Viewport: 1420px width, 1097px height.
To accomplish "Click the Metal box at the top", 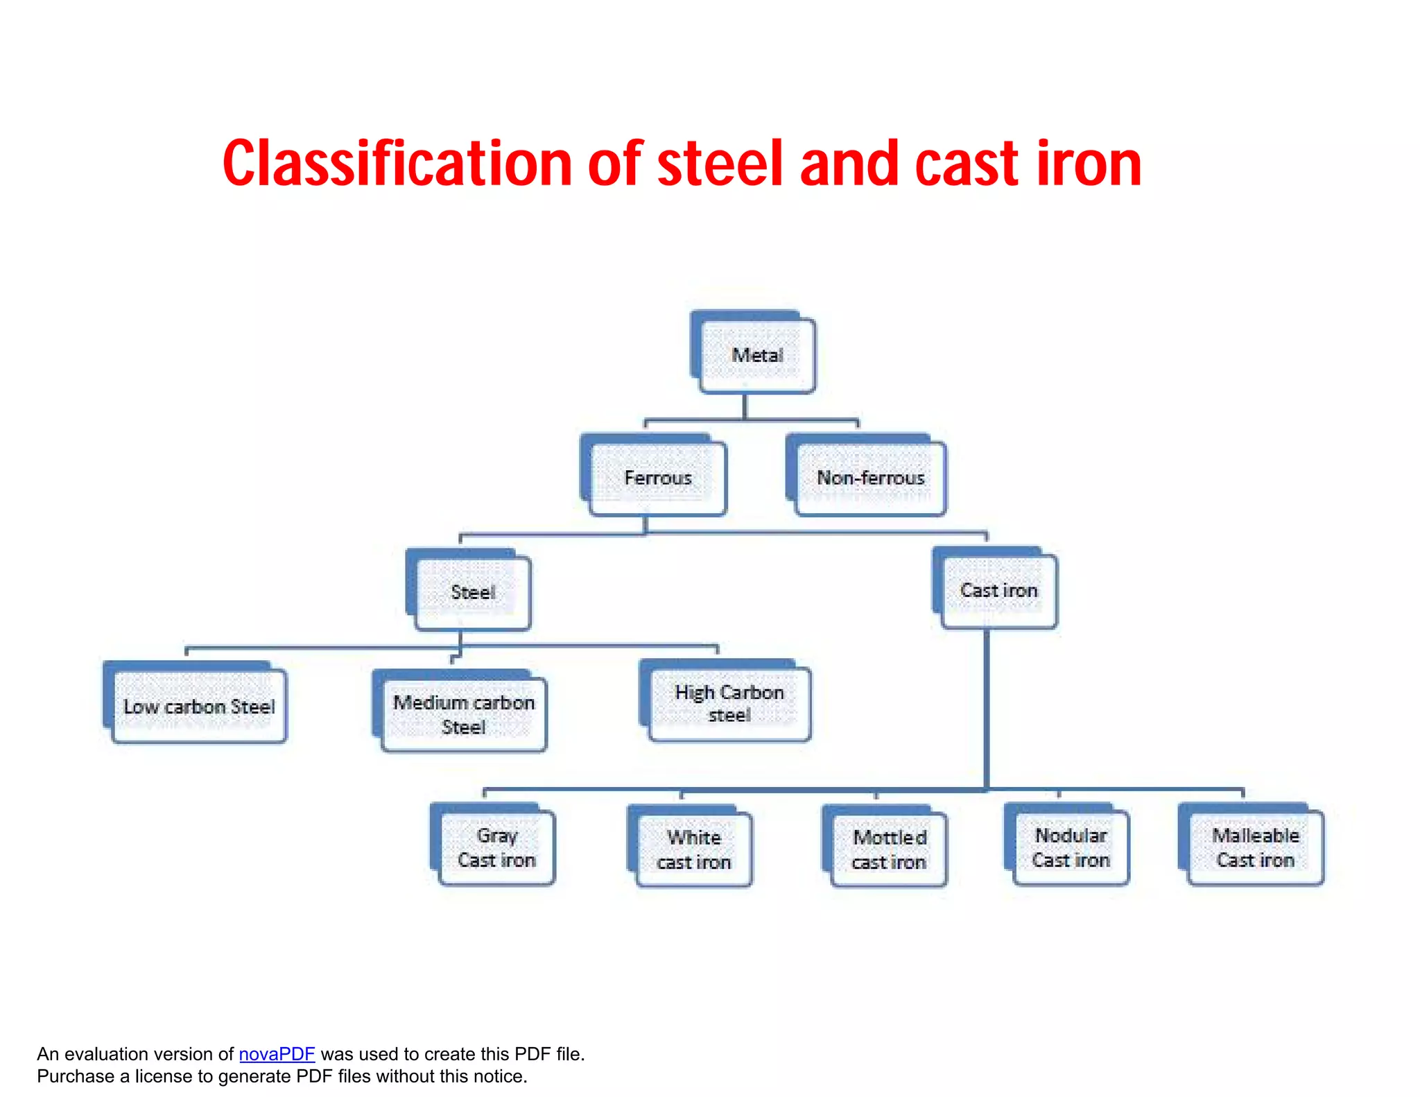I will (757, 356).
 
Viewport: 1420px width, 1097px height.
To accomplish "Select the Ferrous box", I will (657, 478).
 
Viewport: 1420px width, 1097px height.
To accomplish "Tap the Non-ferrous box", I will (870, 478).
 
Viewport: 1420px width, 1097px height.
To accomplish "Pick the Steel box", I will (473, 592).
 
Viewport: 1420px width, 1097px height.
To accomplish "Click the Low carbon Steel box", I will (199, 707).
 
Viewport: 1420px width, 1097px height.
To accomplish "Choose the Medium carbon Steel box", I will (464, 714).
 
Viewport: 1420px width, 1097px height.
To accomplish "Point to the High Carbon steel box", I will (729, 703).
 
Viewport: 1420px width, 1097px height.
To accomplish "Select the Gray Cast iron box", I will (496, 847).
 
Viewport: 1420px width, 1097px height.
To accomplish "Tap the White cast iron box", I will (693, 849).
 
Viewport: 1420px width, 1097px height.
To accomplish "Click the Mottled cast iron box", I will (889, 849).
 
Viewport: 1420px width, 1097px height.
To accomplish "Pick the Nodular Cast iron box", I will (1071, 847).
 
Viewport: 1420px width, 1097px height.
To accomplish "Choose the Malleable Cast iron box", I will (1255, 847).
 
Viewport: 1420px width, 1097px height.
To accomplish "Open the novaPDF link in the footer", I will (277, 1054).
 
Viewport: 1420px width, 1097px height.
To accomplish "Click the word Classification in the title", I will (397, 164).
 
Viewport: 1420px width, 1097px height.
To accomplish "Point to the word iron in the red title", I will (1089, 164).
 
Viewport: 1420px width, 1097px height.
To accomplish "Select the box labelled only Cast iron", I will (998, 590).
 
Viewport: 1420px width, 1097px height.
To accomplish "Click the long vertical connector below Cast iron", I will (986, 707).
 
